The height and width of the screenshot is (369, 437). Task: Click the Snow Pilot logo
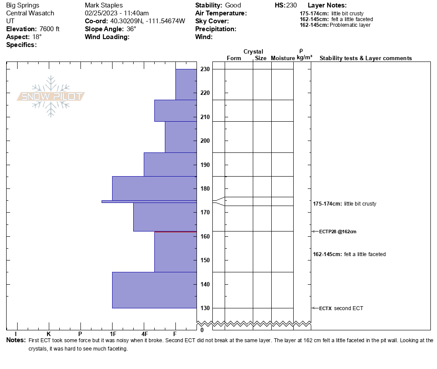pyautogui.click(x=51, y=97)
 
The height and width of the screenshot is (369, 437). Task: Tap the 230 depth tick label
pyautogui.click(x=205, y=69)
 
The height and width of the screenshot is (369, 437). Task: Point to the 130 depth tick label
pyautogui.click(x=205, y=308)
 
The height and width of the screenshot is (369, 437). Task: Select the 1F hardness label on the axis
pyautogui.click(x=113, y=334)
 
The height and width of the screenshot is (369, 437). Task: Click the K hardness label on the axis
pyautogui.click(x=49, y=334)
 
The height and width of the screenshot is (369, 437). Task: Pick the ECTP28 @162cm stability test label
pyautogui.click(x=338, y=232)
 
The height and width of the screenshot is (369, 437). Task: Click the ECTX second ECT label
pyautogui.click(x=341, y=308)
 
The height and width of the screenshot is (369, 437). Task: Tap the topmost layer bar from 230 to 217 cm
pyautogui.click(x=186, y=84)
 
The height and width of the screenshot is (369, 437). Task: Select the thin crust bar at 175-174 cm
pyautogui.click(x=149, y=201)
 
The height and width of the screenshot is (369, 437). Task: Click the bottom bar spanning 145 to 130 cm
pyautogui.click(x=154, y=290)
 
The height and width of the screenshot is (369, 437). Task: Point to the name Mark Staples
pyautogui.click(x=104, y=5)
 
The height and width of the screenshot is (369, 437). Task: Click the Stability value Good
pyautogui.click(x=233, y=5)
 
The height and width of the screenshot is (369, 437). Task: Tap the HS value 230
pyautogui.click(x=291, y=5)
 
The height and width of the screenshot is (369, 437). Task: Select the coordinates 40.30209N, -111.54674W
pyautogui.click(x=147, y=21)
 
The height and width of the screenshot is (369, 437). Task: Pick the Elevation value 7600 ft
pyautogui.click(x=49, y=29)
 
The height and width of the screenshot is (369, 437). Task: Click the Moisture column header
pyautogui.click(x=282, y=58)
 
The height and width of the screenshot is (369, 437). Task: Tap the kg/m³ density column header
pyautogui.click(x=304, y=58)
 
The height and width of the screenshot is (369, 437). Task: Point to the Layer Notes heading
pyautogui.click(x=327, y=5)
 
